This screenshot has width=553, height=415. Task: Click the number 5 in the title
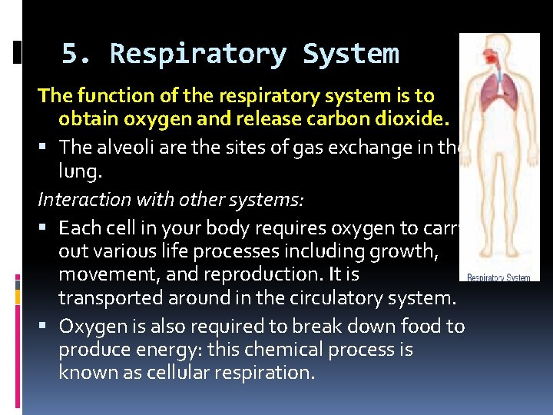click(70, 55)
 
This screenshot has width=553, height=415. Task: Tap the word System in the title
click(350, 55)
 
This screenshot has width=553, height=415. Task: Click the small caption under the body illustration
click(499, 277)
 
